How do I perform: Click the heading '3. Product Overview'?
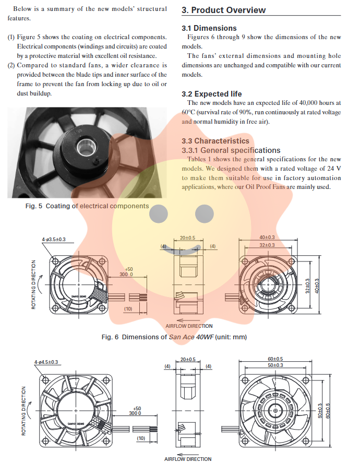click(223, 10)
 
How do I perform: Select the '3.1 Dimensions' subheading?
click(209, 28)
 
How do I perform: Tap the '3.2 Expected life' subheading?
click(211, 94)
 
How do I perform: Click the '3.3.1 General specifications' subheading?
click(231, 150)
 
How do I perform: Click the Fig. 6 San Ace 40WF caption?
click(174, 337)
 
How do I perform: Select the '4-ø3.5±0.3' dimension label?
click(57, 240)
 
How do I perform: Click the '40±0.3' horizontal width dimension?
click(267, 238)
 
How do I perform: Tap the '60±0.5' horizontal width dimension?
click(275, 359)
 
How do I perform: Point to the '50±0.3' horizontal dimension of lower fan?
click(275, 365)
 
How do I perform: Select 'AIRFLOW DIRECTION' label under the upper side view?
click(189, 326)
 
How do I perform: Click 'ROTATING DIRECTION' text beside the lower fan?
click(23, 411)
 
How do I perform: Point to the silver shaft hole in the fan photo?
click(83, 151)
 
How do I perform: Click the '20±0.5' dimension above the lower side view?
click(187, 359)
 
